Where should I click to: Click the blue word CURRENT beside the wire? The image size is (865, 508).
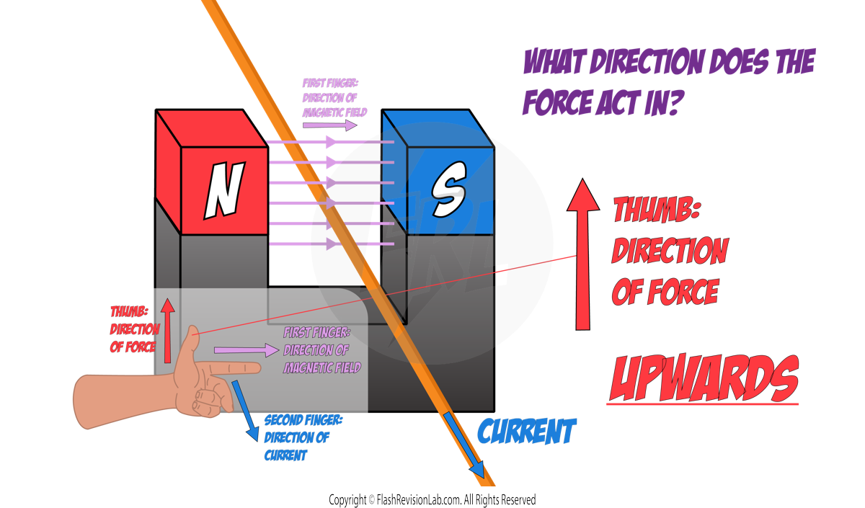point(527,432)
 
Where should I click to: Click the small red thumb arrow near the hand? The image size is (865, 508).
point(167,331)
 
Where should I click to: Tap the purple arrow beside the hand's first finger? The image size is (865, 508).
point(246,350)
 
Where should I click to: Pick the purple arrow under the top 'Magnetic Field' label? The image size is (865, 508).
point(329,125)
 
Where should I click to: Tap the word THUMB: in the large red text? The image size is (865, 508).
point(657,211)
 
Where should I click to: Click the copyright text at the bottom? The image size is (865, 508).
point(432,499)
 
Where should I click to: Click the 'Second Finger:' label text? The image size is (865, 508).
point(303,420)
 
